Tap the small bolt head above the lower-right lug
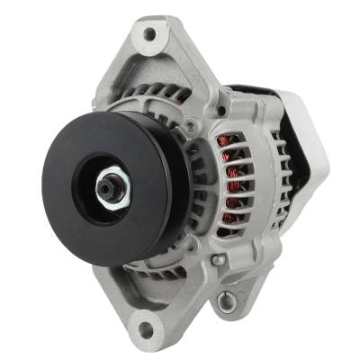(x=217, y=260)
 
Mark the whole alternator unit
(x=180, y=180)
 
